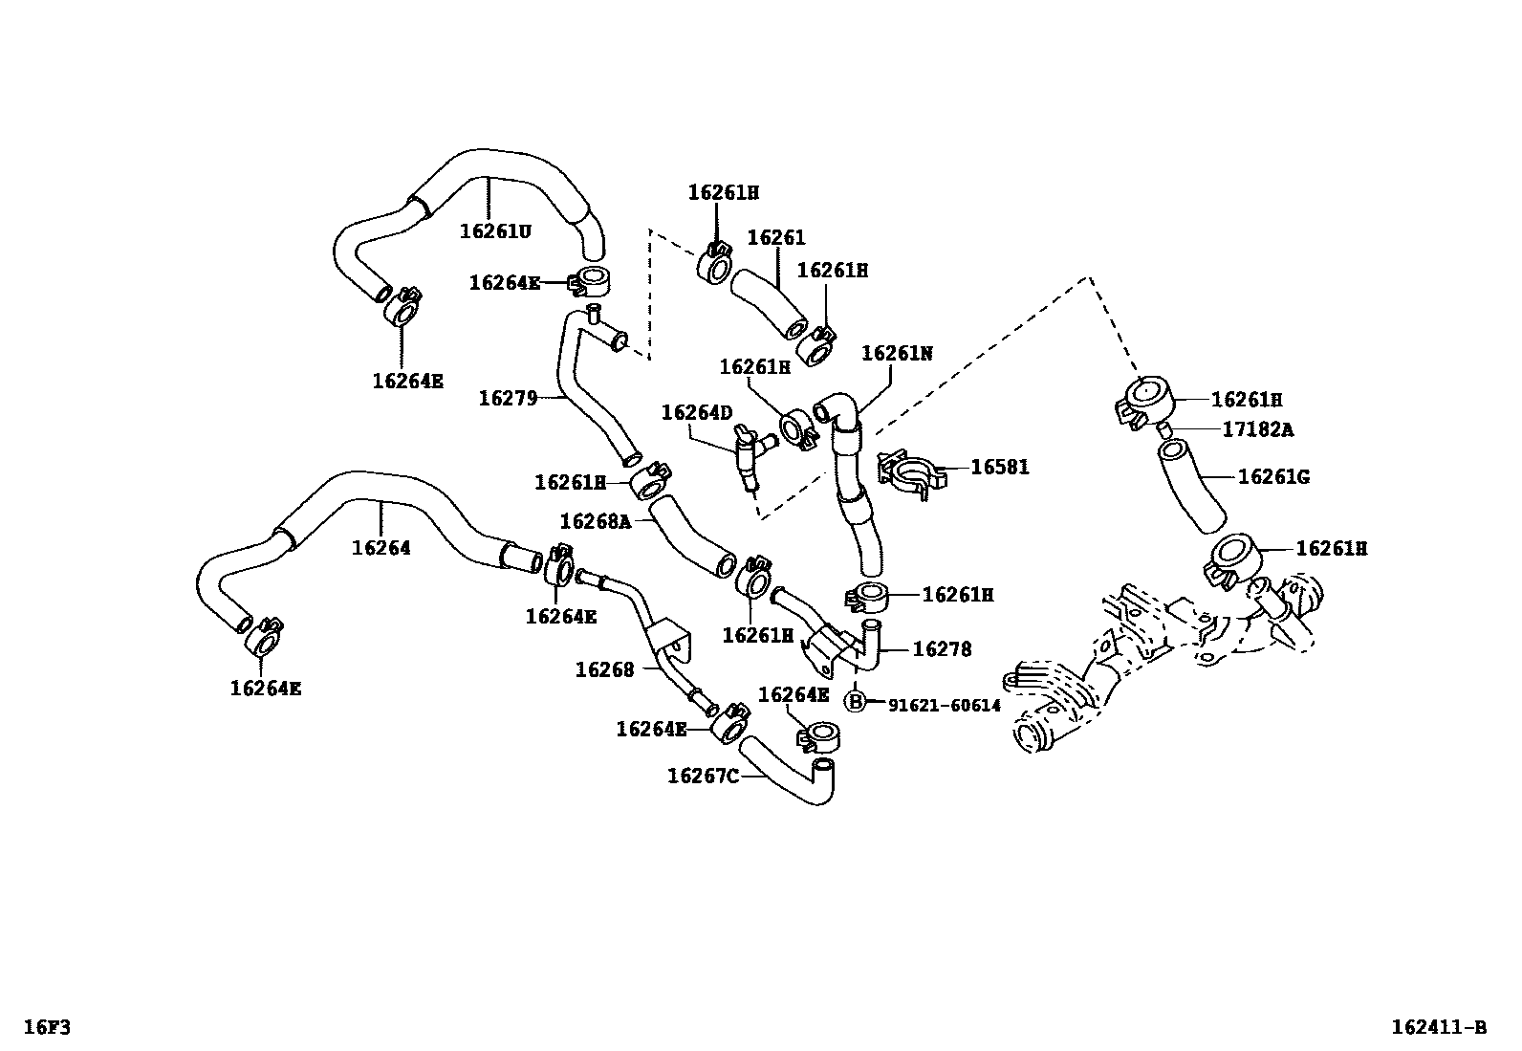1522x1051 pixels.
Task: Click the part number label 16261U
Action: tap(495, 231)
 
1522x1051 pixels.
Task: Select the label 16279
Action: tap(508, 399)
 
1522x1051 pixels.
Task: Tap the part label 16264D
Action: tap(696, 412)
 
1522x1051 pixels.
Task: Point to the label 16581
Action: tap(999, 467)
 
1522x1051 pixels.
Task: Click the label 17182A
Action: tap(1258, 429)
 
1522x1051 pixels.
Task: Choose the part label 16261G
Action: tap(1273, 476)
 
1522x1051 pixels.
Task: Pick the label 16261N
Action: tap(897, 354)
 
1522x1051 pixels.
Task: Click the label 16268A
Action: tap(596, 521)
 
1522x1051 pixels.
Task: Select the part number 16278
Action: tap(942, 649)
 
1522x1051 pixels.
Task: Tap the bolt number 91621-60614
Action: tap(944, 706)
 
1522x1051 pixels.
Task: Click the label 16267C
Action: tap(703, 776)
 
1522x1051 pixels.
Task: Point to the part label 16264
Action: tap(380, 548)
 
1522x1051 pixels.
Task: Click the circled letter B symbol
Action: tap(856, 701)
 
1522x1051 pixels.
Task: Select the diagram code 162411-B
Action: tap(1439, 1026)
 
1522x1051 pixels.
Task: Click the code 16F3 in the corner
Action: tap(47, 1026)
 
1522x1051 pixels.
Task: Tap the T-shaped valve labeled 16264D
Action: tap(752, 454)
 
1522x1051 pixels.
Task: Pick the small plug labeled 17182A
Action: tap(1164, 430)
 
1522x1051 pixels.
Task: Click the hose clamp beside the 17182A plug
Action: tap(1143, 401)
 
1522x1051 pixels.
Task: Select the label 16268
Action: tap(605, 670)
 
